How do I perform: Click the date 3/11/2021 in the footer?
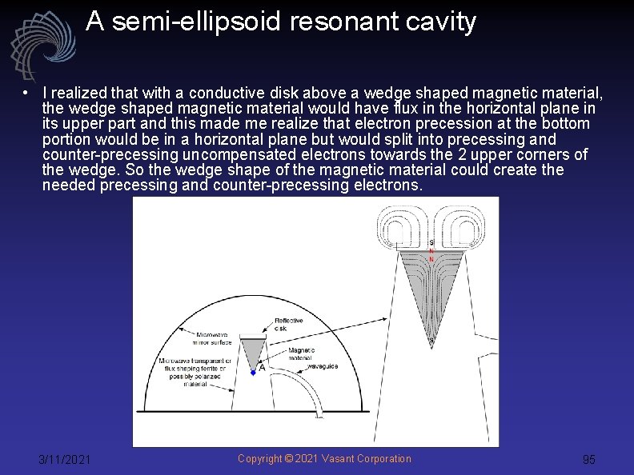pos(65,459)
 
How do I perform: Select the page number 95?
pos(588,460)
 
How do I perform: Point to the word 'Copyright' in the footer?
pos(261,458)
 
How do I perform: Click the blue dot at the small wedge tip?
pos(253,372)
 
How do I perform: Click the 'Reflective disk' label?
pos(288,324)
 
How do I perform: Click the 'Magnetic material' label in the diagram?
pos(302,355)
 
